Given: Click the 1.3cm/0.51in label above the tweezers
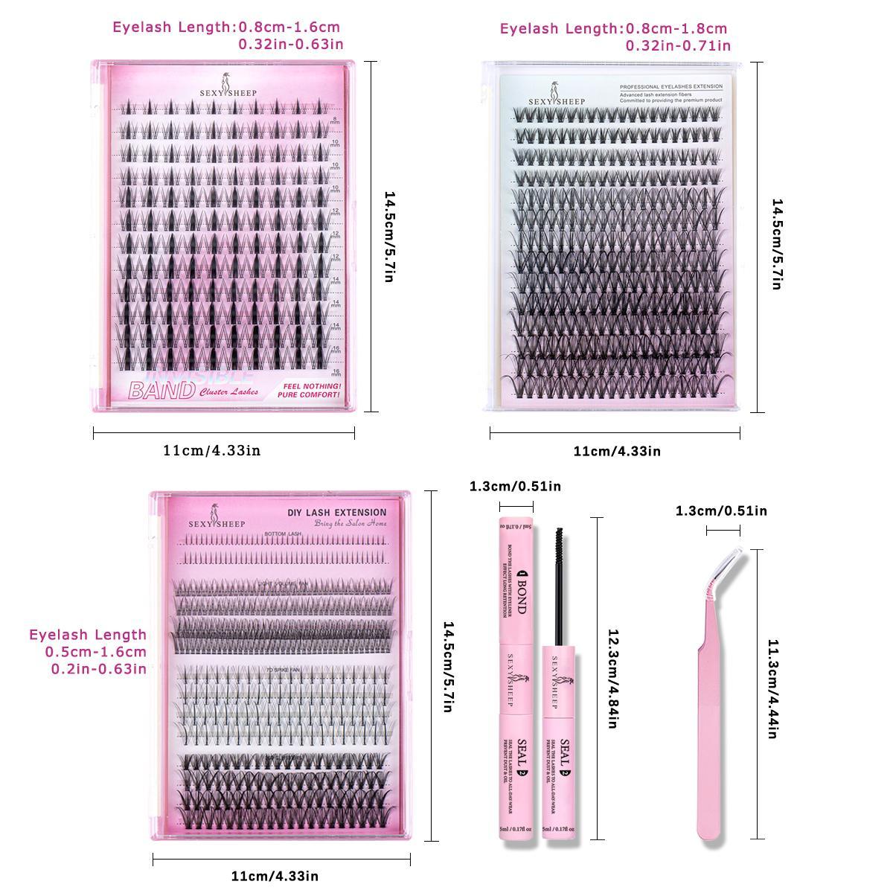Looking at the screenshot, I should click(721, 510).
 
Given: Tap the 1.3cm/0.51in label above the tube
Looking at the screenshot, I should click(515, 487).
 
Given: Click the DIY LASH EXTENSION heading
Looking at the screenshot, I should click(336, 512).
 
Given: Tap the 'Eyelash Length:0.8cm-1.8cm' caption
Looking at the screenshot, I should click(613, 29).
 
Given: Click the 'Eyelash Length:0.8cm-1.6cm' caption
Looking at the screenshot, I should click(226, 28).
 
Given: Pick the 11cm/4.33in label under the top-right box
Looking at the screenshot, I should click(616, 451).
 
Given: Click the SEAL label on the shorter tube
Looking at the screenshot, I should click(565, 747).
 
